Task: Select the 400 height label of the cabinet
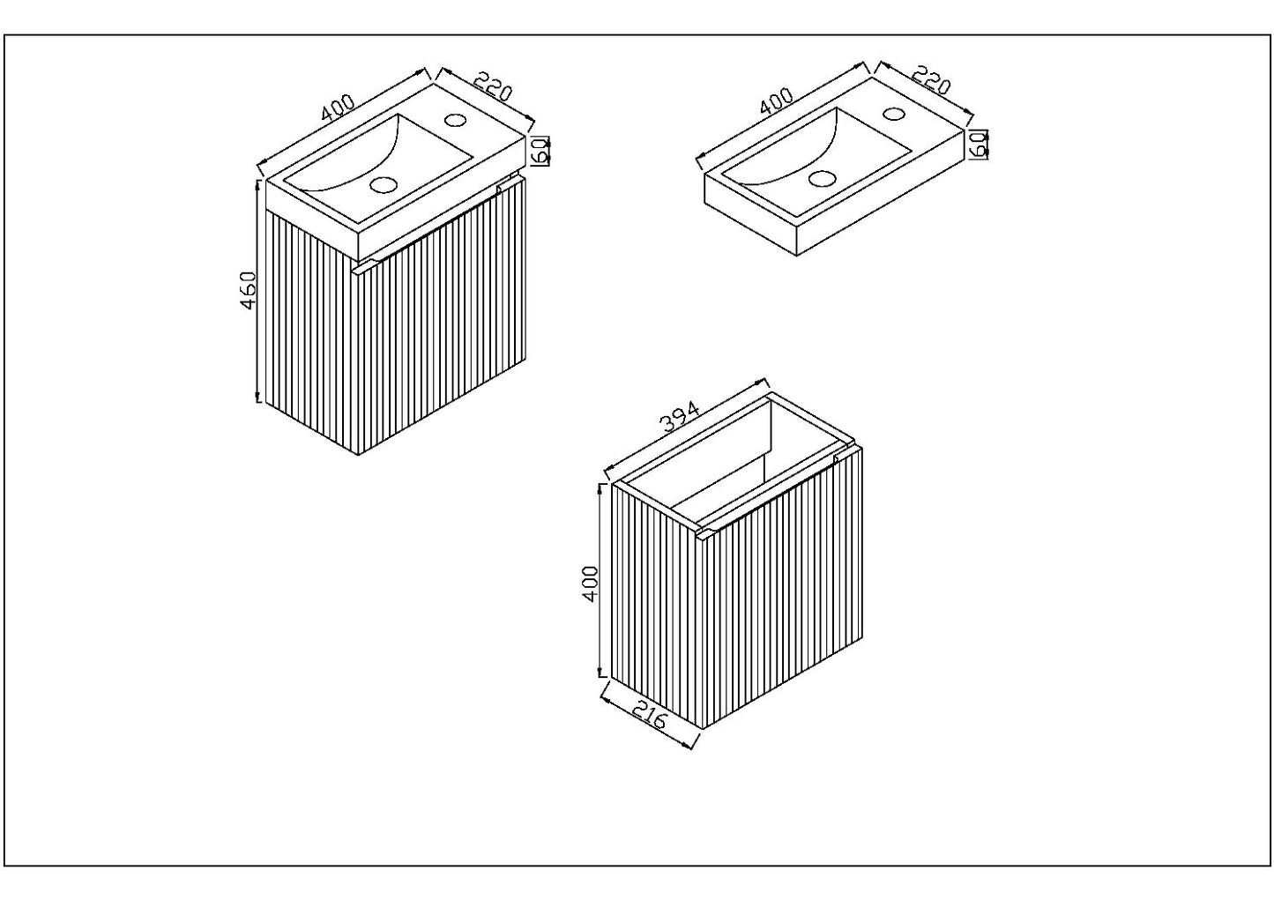point(591,583)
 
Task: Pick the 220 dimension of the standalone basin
point(931,79)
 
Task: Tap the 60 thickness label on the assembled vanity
point(541,151)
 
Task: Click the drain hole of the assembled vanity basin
point(384,184)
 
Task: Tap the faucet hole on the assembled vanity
point(456,120)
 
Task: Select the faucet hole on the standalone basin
point(893,113)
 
